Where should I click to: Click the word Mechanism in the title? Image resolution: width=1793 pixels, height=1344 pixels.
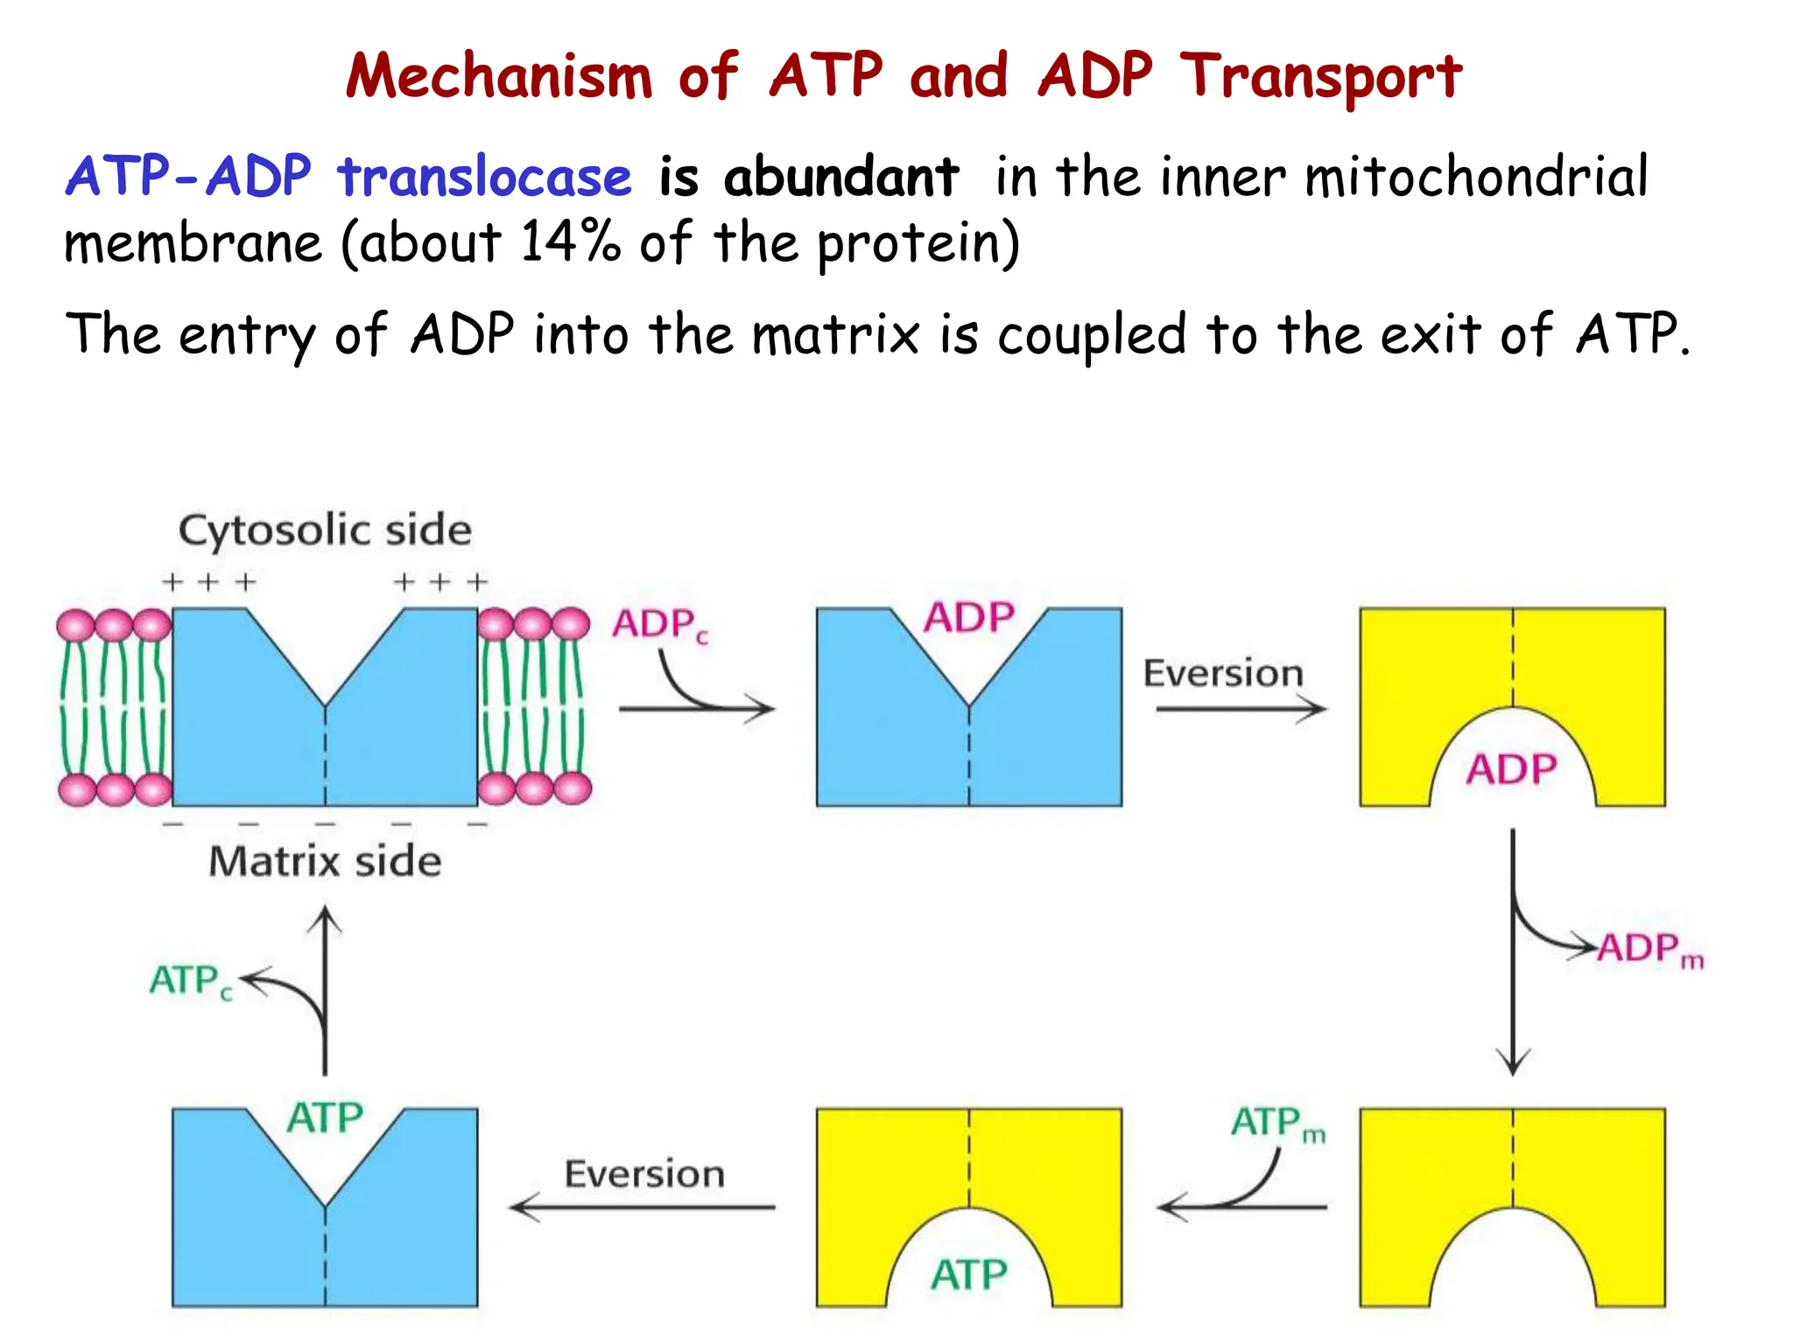pos(499,77)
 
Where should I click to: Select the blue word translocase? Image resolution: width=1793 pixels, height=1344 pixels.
pos(484,177)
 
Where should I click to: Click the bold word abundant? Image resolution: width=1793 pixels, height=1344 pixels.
pos(840,177)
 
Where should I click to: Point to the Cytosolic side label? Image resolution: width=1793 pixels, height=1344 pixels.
pos(325,530)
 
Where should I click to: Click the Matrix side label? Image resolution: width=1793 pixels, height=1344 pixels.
pos(325,861)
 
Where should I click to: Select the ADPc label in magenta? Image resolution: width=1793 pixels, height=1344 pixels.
pos(659,625)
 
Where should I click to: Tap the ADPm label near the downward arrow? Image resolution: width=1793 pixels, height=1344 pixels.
pos(1649,948)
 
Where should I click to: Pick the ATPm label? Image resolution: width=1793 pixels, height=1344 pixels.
pos(1277,1123)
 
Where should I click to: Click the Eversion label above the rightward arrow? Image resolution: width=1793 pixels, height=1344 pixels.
pos(1223,673)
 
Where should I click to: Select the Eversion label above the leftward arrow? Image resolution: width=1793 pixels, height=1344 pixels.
pos(644,1173)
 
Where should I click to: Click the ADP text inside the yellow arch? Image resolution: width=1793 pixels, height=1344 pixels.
pos(1512,770)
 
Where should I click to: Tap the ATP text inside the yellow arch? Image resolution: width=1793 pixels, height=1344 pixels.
pos(968,1274)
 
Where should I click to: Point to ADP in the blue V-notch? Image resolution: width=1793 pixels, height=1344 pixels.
pos(969,618)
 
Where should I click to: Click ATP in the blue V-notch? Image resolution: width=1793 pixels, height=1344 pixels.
pos(325,1118)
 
